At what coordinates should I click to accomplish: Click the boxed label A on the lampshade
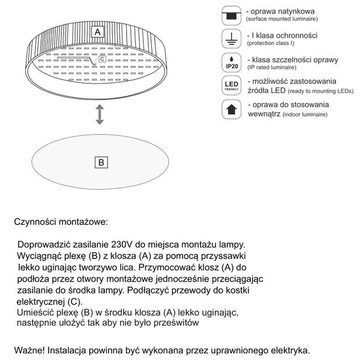coord(98,30)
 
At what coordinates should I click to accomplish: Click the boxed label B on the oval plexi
coord(102,163)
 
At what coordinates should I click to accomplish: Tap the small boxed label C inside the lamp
coord(102,59)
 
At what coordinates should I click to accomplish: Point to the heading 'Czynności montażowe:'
coord(61,221)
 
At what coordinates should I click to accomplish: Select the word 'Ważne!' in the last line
coord(31,349)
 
